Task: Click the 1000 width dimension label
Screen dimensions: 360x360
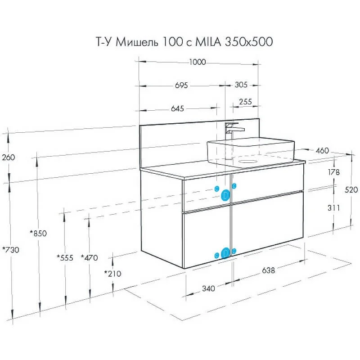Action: (198, 62)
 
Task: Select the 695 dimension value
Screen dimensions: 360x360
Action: (181, 85)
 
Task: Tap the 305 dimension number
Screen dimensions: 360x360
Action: (241, 85)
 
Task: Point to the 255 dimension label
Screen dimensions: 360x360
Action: (245, 102)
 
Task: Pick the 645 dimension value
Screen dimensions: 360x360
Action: (177, 108)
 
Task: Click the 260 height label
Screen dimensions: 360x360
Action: (9, 157)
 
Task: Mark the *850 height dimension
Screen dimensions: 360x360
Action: (38, 233)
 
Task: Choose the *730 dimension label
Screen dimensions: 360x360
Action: (11, 250)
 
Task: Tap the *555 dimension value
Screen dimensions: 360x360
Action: (65, 257)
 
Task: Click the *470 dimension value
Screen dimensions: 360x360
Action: (89, 257)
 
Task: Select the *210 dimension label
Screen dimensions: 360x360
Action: (113, 274)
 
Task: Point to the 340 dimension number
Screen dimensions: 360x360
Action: (209, 288)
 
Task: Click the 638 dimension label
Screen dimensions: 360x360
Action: (268, 270)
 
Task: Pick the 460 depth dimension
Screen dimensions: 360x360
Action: (322, 151)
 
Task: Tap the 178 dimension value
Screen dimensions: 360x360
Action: (333, 172)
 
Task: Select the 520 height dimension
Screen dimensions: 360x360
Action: (351, 189)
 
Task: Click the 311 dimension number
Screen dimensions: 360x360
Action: (333, 208)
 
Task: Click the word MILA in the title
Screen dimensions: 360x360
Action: (208, 42)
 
